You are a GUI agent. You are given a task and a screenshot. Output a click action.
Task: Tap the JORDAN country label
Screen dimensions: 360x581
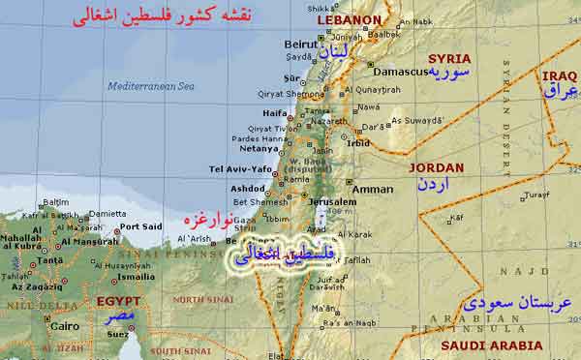[x=437, y=167]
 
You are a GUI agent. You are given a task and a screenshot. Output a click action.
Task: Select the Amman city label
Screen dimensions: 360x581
[x=372, y=190]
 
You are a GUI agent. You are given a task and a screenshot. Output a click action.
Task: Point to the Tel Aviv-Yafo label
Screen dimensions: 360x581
[x=240, y=169]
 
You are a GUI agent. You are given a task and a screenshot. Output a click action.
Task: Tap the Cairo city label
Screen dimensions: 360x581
[x=64, y=326]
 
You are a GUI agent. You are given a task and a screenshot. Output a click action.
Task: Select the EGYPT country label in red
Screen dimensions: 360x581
[x=118, y=301]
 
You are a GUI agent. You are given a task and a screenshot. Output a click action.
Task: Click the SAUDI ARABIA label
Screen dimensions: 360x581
[x=492, y=345]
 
